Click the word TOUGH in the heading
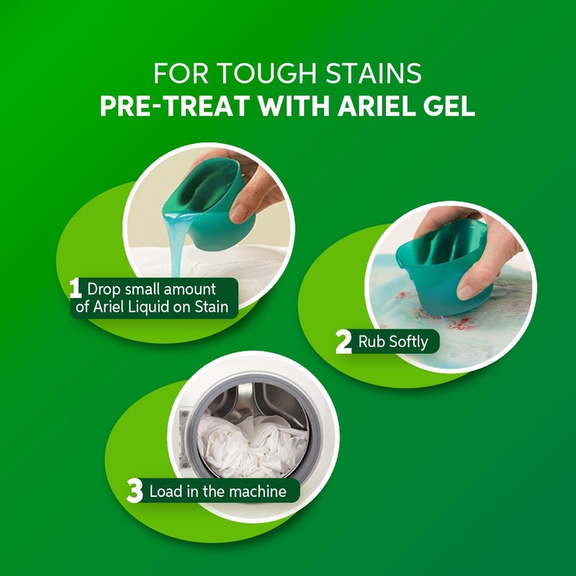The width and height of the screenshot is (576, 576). click(268, 73)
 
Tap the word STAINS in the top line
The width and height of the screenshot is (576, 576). click(373, 73)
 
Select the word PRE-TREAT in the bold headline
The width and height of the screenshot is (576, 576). click(175, 106)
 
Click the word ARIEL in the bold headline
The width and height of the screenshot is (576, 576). click(376, 106)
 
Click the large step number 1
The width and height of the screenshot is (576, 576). click(76, 289)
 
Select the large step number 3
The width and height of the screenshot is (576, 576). click(135, 491)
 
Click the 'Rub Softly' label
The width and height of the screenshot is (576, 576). click(393, 341)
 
